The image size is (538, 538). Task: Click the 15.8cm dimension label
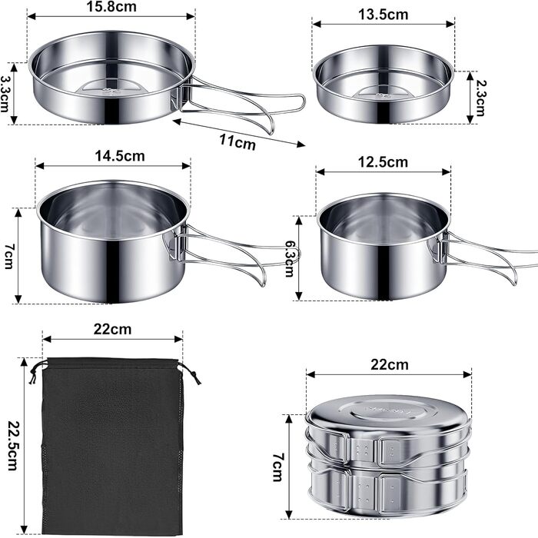pyautogui.click(x=111, y=6)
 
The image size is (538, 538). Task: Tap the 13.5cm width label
pyautogui.click(x=384, y=15)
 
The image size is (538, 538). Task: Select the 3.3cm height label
pyautogui.click(x=5, y=94)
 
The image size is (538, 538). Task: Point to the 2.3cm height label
pyautogui.click(x=480, y=98)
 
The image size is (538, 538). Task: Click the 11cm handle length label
pyautogui.click(x=237, y=141)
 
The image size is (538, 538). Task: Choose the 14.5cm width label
pyautogui.click(x=120, y=156)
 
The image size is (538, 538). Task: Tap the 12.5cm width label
pyautogui.click(x=383, y=162)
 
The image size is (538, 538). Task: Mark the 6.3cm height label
pyautogui.click(x=291, y=258)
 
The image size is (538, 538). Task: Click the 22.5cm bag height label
pyautogui.click(x=12, y=445)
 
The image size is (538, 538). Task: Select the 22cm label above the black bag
pyautogui.click(x=112, y=330)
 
